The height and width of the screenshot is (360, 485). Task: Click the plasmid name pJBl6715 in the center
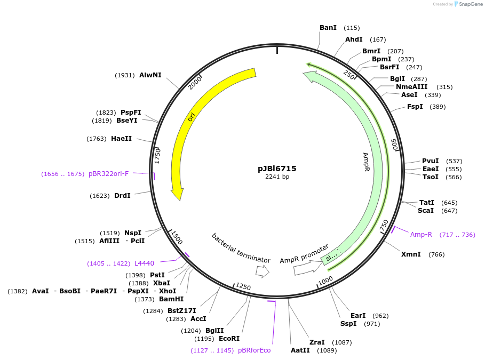coord(277,169)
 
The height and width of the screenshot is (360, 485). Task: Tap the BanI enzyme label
coord(328,28)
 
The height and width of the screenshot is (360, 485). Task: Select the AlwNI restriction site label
coord(150,75)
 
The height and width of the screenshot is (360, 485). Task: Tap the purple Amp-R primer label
coord(421,234)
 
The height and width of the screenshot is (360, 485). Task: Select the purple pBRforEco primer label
coord(255,350)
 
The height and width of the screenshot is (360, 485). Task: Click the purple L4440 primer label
coord(144,263)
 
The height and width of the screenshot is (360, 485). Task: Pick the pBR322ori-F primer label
coord(109,174)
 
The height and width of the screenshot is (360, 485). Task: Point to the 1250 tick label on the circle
coord(243,287)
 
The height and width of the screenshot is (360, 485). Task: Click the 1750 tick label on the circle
coord(157,156)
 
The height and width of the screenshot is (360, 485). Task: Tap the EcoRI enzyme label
coord(229,339)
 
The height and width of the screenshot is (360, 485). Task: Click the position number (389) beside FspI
coord(438,107)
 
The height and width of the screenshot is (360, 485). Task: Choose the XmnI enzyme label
coord(411,254)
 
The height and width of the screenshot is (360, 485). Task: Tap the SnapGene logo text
coord(470,4)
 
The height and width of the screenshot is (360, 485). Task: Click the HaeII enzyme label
coord(121,139)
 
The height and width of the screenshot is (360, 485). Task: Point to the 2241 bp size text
coord(277,177)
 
